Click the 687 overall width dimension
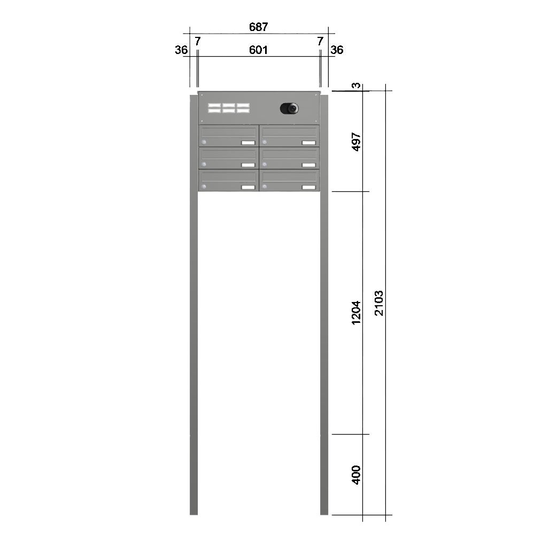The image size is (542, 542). click(x=259, y=27)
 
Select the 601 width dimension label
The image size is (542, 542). click(x=259, y=50)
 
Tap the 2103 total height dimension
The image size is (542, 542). click(x=379, y=303)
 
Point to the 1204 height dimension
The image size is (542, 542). click(x=356, y=313)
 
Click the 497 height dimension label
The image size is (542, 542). click(x=356, y=142)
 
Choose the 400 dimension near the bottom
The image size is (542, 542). click(x=356, y=475)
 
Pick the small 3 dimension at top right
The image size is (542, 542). click(x=356, y=86)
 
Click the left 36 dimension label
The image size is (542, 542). click(x=181, y=50)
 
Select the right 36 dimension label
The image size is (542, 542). click(x=337, y=50)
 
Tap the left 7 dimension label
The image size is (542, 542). click(x=197, y=42)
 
